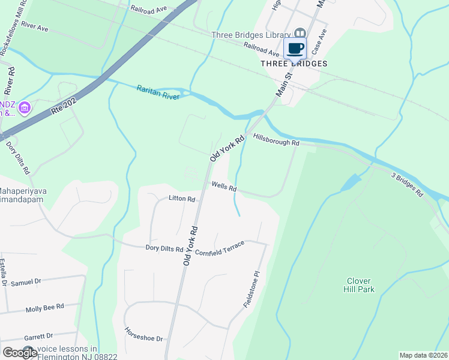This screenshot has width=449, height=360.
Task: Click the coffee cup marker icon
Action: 295,48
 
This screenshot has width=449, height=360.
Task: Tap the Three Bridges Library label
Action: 251,34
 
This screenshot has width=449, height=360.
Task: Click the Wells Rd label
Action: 223,187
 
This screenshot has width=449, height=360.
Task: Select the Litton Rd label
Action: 182,199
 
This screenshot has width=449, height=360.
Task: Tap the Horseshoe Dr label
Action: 143,334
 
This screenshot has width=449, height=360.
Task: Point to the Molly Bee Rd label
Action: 44,308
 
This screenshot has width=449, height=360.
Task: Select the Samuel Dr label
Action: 26,281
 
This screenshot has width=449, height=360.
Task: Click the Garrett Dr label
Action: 38,336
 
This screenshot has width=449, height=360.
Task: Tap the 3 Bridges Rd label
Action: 408,186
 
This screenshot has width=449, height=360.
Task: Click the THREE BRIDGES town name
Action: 294,64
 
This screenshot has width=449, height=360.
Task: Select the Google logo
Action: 20,353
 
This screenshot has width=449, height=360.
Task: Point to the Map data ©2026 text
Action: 423,355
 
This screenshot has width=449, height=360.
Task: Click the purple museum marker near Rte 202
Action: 25,108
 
